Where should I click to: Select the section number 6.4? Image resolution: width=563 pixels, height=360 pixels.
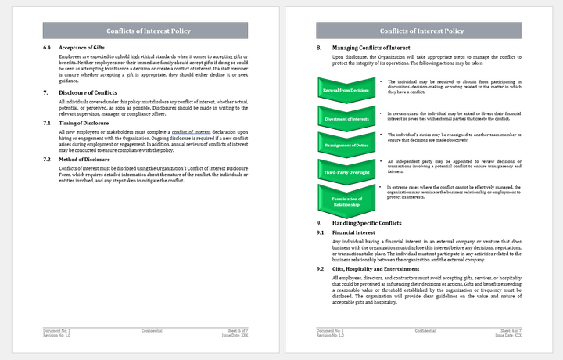(47, 48)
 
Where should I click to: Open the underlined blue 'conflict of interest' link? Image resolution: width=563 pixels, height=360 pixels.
(191, 133)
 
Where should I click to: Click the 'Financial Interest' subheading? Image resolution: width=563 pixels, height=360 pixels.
(353, 233)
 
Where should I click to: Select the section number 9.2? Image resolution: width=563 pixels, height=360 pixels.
(321, 269)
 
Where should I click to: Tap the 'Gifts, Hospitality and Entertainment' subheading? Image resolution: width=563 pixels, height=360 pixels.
(377, 269)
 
